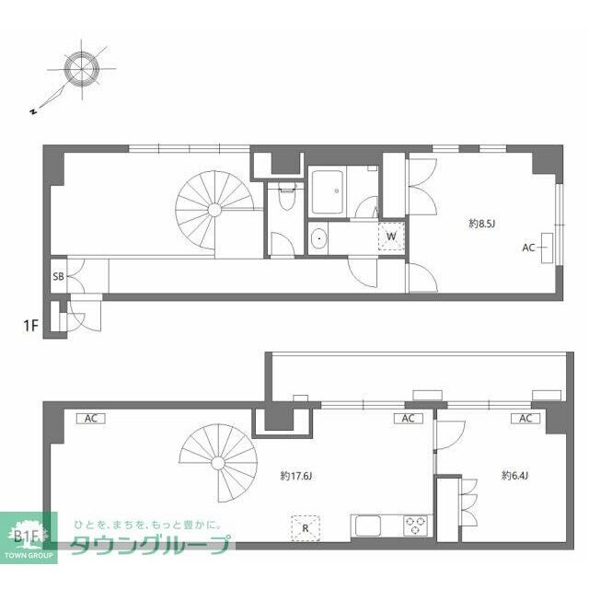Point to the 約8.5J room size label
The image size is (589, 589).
tap(483, 223)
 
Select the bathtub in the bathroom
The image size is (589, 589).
tap(327, 190)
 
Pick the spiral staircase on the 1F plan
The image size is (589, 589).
tap(214, 209)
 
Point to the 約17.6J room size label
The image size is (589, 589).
tap(296, 476)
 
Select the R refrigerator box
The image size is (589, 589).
tap(306, 527)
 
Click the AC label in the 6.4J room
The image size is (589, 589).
tap(525, 419)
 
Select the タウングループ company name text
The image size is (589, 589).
tap(151, 545)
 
